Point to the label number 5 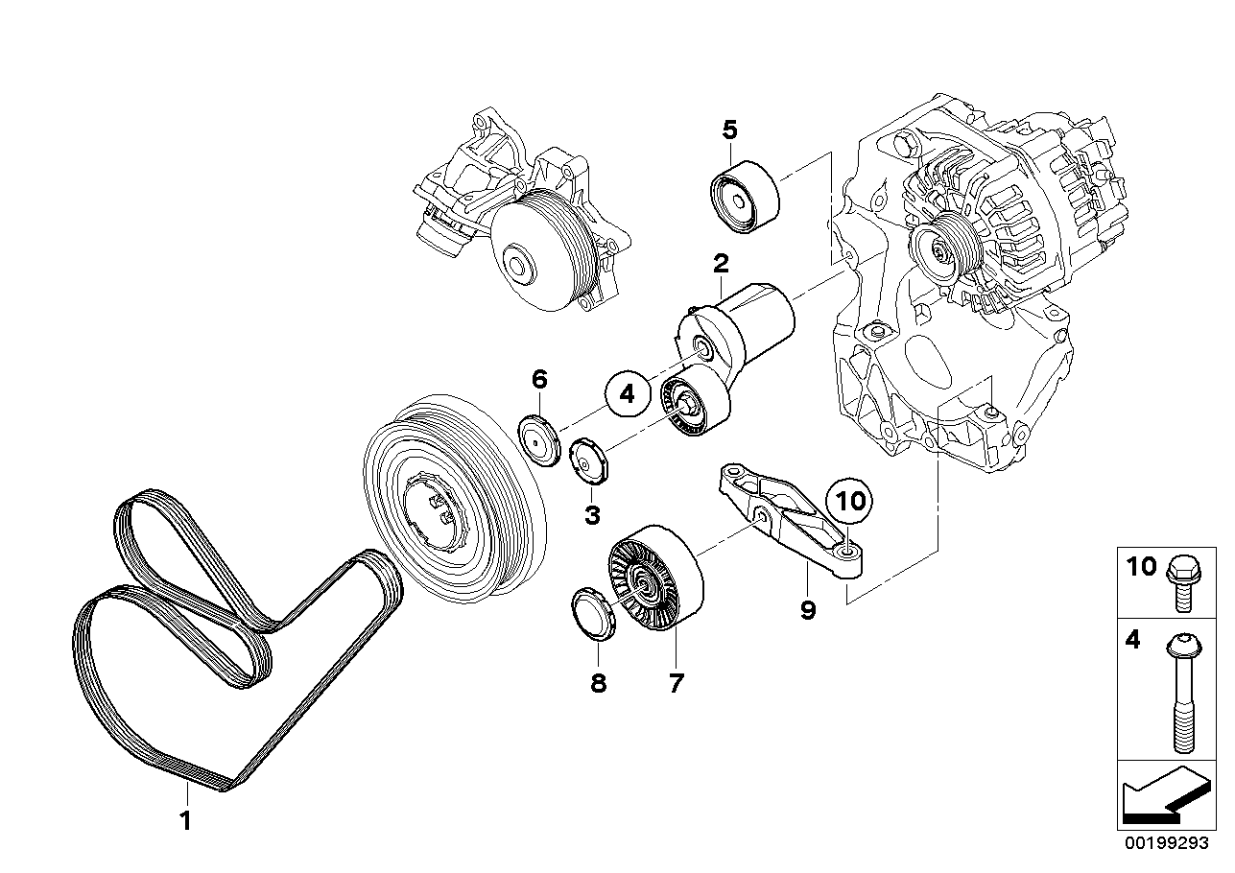click(x=729, y=129)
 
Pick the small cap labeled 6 click(x=540, y=438)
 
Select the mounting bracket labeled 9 click(x=787, y=519)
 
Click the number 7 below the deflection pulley click(x=676, y=683)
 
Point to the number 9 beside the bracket click(x=807, y=608)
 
